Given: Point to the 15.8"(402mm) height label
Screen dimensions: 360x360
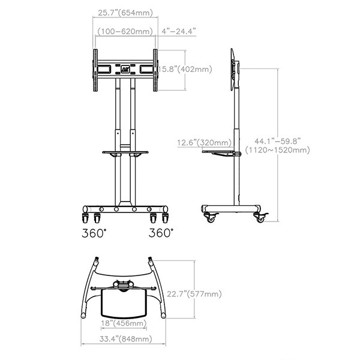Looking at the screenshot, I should [x=185, y=70].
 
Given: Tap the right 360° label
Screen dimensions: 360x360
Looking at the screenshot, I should [x=161, y=231].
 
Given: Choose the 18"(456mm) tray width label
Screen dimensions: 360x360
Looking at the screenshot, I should [x=124, y=323].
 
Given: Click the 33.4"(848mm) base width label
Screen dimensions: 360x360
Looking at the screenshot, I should [x=124, y=340].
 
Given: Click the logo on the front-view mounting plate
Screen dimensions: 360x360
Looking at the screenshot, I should [x=126, y=68].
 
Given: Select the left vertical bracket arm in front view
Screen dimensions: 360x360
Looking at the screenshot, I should [x=94, y=70].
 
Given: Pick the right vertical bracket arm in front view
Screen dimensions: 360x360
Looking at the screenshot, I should [x=156, y=70].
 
